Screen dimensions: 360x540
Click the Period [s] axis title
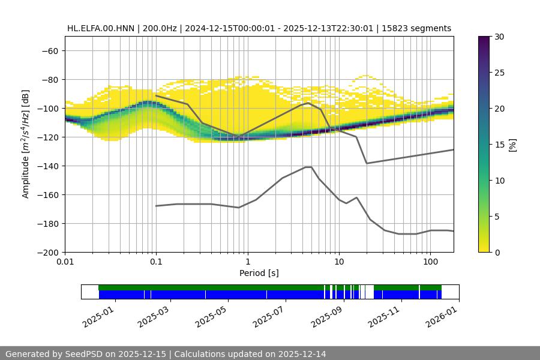point(259,274)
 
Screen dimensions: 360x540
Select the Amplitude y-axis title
point(26,144)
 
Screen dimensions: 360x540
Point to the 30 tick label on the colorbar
point(499,37)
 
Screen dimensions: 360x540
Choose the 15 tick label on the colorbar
point(499,144)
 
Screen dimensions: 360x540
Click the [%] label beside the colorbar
point(512,144)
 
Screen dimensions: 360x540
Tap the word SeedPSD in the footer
point(85,354)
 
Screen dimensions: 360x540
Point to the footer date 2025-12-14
point(298,354)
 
